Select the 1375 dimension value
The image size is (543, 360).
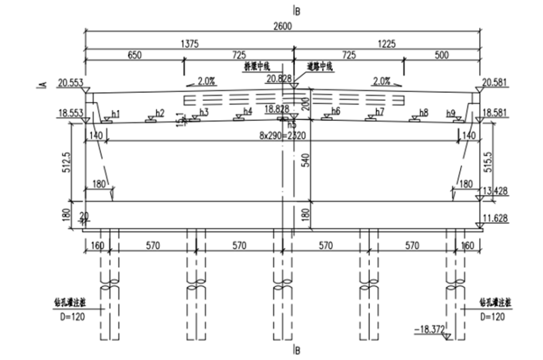[x=189, y=43]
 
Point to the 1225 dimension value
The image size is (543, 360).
[x=387, y=43]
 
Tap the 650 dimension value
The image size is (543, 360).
[x=137, y=55]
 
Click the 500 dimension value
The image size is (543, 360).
[x=440, y=55]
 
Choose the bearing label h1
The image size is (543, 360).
[x=116, y=114]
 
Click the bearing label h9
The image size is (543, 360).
[x=450, y=113]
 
